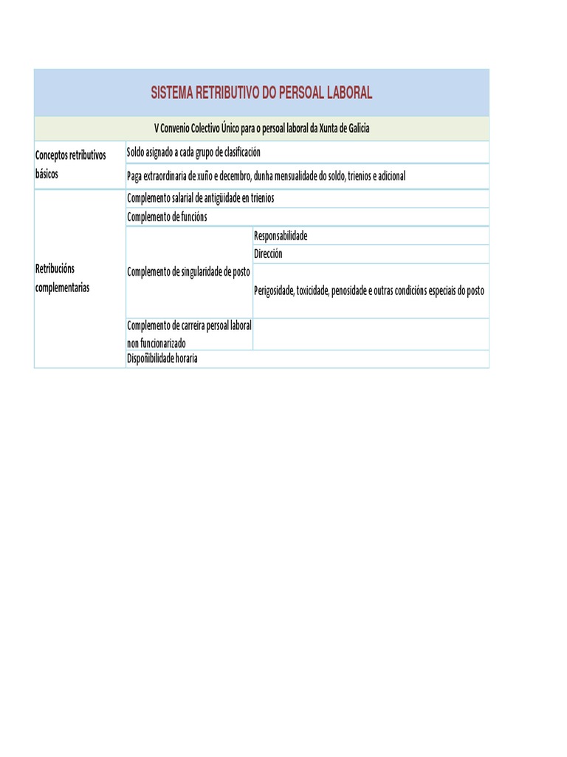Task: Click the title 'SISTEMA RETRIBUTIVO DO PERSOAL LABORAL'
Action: [261, 92]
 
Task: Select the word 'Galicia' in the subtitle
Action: [354, 129]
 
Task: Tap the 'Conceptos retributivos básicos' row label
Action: [71, 165]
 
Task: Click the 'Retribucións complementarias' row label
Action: [63, 278]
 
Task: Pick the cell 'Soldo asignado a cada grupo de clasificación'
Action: [193, 152]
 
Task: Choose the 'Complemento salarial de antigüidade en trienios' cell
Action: [200, 198]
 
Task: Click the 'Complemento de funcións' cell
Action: [167, 217]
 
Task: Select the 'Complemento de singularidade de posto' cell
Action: [188, 272]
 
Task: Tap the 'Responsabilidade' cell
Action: [281, 236]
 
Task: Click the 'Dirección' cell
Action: [268, 254]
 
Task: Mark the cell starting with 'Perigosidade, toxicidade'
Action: [369, 291]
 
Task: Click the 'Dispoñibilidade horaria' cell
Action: [162, 359]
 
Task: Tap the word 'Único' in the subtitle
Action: [230, 129]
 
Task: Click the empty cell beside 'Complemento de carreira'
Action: [371, 334]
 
